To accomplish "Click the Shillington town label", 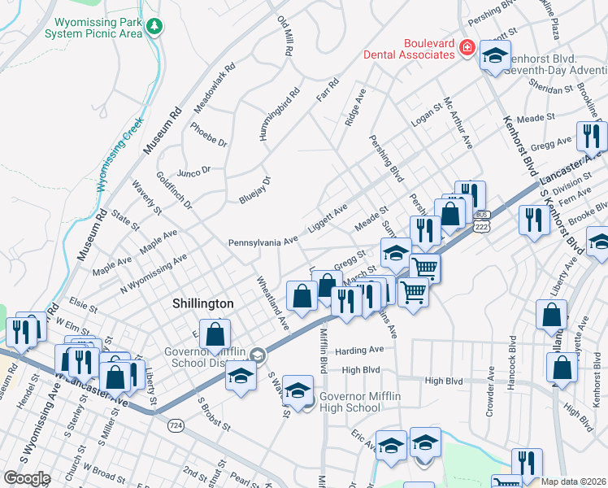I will [x=202, y=303].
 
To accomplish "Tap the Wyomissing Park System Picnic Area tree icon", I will [x=154, y=28].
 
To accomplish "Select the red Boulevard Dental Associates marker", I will [x=467, y=49].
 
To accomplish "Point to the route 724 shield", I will [x=175, y=425].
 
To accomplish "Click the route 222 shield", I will [x=481, y=228].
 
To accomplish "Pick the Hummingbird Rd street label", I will [x=280, y=114].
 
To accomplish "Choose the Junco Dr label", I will [x=193, y=171].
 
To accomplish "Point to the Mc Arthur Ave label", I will [x=457, y=123].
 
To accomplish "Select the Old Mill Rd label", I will [x=284, y=34].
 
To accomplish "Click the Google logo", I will [x=26, y=478].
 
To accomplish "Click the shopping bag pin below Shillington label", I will [x=215, y=333].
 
